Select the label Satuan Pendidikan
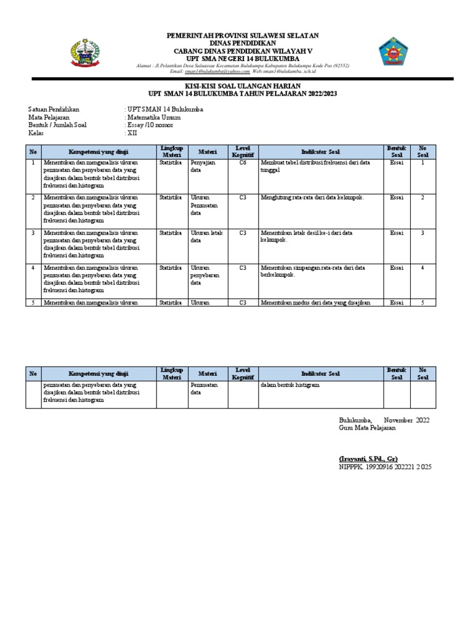pyautogui.click(x=54, y=109)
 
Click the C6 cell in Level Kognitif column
pyautogui.click(x=243, y=163)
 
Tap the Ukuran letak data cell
pyautogui.click(x=205, y=237)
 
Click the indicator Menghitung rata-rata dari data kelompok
pyautogui.click(x=312, y=198)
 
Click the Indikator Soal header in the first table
pyautogui.click(x=320, y=152)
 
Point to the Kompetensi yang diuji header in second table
pyautogui.click(x=99, y=373)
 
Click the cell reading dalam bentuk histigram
pyautogui.click(x=289, y=385)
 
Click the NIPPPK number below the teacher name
pyautogui.click(x=385, y=467)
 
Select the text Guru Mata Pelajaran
pyautogui.click(x=368, y=428)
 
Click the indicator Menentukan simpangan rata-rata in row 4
pyautogui.click(x=313, y=272)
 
